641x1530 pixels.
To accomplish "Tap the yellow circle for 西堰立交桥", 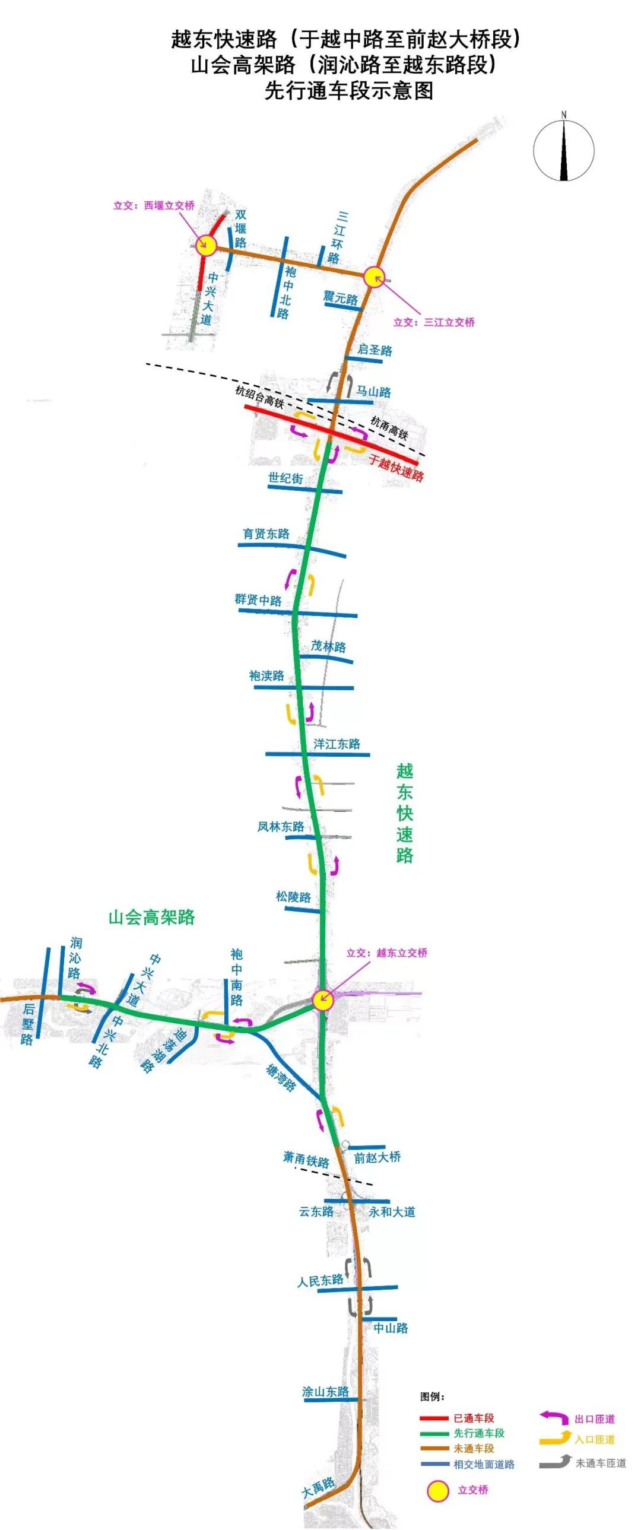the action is pyautogui.click(x=206, y=245).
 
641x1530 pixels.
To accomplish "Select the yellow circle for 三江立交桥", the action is pyautogui.click(x=375, y=277).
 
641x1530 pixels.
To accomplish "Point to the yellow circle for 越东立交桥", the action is pyautogui.click(x=323, y=999).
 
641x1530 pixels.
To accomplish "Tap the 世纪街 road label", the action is pyautogui.click(x=285, y=478).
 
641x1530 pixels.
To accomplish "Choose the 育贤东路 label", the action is pyautogui.click(x=266, y=534).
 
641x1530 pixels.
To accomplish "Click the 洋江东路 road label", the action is pyautogui.click(x=337, y=744).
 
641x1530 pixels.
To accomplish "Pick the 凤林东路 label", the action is pyautogui.click(x=280, y=826).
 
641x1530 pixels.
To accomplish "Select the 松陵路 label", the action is pyautogui.click(x=293, y=897).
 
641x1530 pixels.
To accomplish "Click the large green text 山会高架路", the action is pyautogui.click(x=151, y=917).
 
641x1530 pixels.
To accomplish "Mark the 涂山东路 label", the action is pyautogui.click(x=326, y=1392).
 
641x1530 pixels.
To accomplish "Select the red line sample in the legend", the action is pyautogui.click(x=434, y=1418).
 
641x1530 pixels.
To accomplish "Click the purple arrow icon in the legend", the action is pyautogui.click(x=554, y=1417).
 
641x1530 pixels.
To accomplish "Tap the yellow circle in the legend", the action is pyautogui.click(x=439, y=1490).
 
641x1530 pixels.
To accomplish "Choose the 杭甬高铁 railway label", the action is pyautogui.click(x=389, y=428).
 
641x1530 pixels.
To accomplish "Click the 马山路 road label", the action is pyautogui.click(x=374, y=392).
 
